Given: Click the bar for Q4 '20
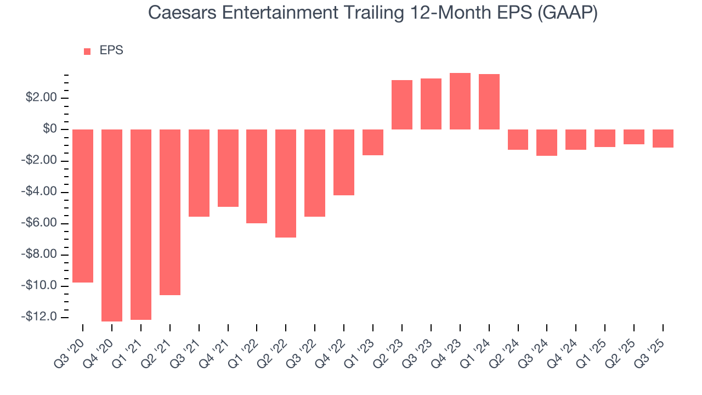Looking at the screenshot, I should (x=112, y=225).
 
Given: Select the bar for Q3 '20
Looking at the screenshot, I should (x=83, y=206).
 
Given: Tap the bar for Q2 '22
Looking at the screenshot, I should (x=286, y=183).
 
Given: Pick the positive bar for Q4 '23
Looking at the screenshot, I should (x=460, y=101).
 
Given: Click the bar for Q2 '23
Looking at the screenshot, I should (x=401, y=105).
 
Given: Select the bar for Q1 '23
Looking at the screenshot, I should (x=373, y=142).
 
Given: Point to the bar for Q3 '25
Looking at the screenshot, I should (x=663, y=138).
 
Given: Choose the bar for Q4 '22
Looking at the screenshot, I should (x=344, y=162).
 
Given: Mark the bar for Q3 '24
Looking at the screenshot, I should (x=547, y=143).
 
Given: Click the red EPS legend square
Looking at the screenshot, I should (x=87, y=51).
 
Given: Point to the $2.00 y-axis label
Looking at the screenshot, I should (x=42, y=98).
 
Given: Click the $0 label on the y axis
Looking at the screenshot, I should (x=50, y=129).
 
